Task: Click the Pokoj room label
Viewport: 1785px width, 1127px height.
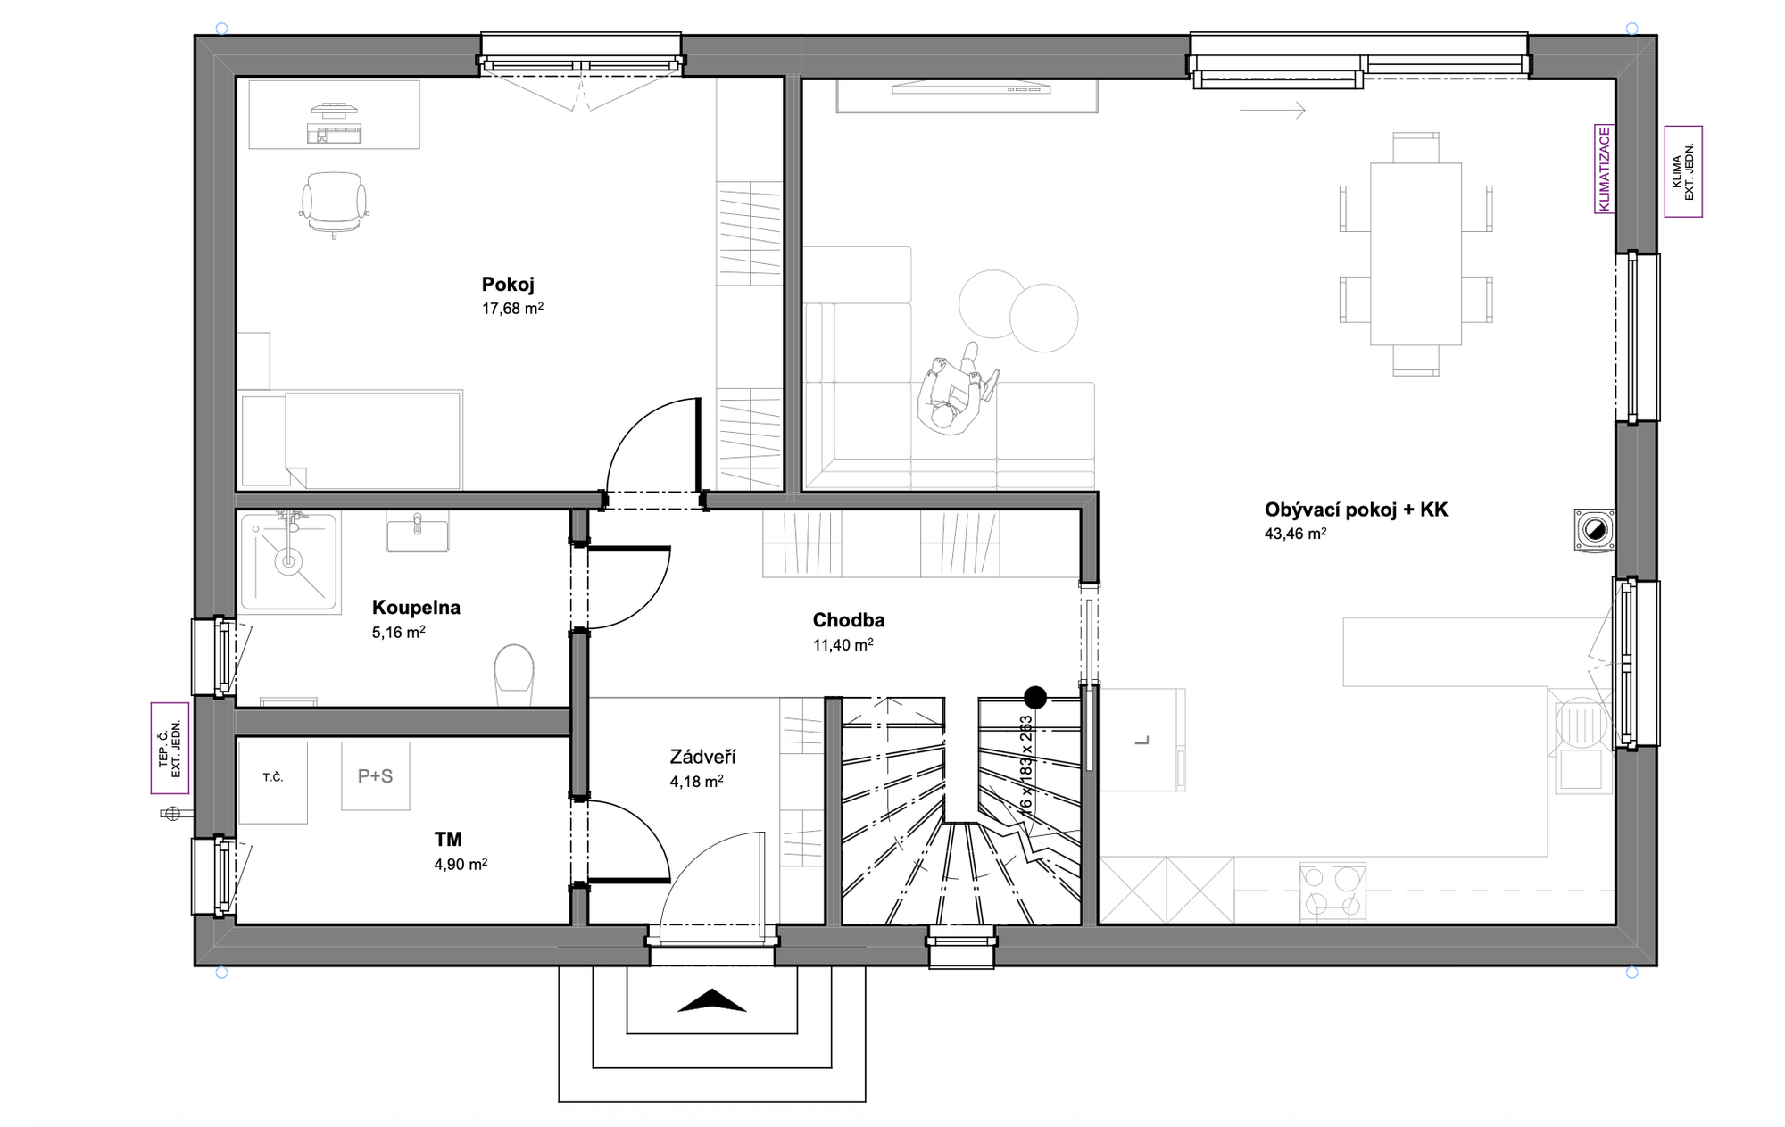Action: pos(508,285)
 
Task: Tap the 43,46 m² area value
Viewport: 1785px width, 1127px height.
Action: pos(1295,534)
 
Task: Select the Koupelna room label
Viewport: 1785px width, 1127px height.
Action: pos(416,608)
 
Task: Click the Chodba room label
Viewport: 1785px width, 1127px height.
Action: pos(849,620)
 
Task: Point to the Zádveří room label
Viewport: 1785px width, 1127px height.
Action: pos(702,757)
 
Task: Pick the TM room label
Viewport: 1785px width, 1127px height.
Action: pos(448,839)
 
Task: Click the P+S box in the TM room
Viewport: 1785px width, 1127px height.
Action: pos(376,776)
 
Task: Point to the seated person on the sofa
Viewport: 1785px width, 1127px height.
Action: pos(957,389)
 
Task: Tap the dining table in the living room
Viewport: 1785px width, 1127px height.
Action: pos(1416,253)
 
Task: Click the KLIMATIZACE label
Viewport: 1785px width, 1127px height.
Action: pos(1605,170)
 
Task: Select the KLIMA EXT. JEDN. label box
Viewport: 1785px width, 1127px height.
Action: pos(1683,171)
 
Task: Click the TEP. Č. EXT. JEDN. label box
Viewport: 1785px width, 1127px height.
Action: pos(170,748)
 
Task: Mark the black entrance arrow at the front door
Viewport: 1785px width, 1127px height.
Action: pos(711,1001)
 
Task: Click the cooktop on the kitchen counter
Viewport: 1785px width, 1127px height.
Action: pos(1333,890)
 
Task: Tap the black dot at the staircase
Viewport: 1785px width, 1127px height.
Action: pos(1035,697)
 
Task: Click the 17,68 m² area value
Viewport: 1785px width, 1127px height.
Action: pos(513,309)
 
